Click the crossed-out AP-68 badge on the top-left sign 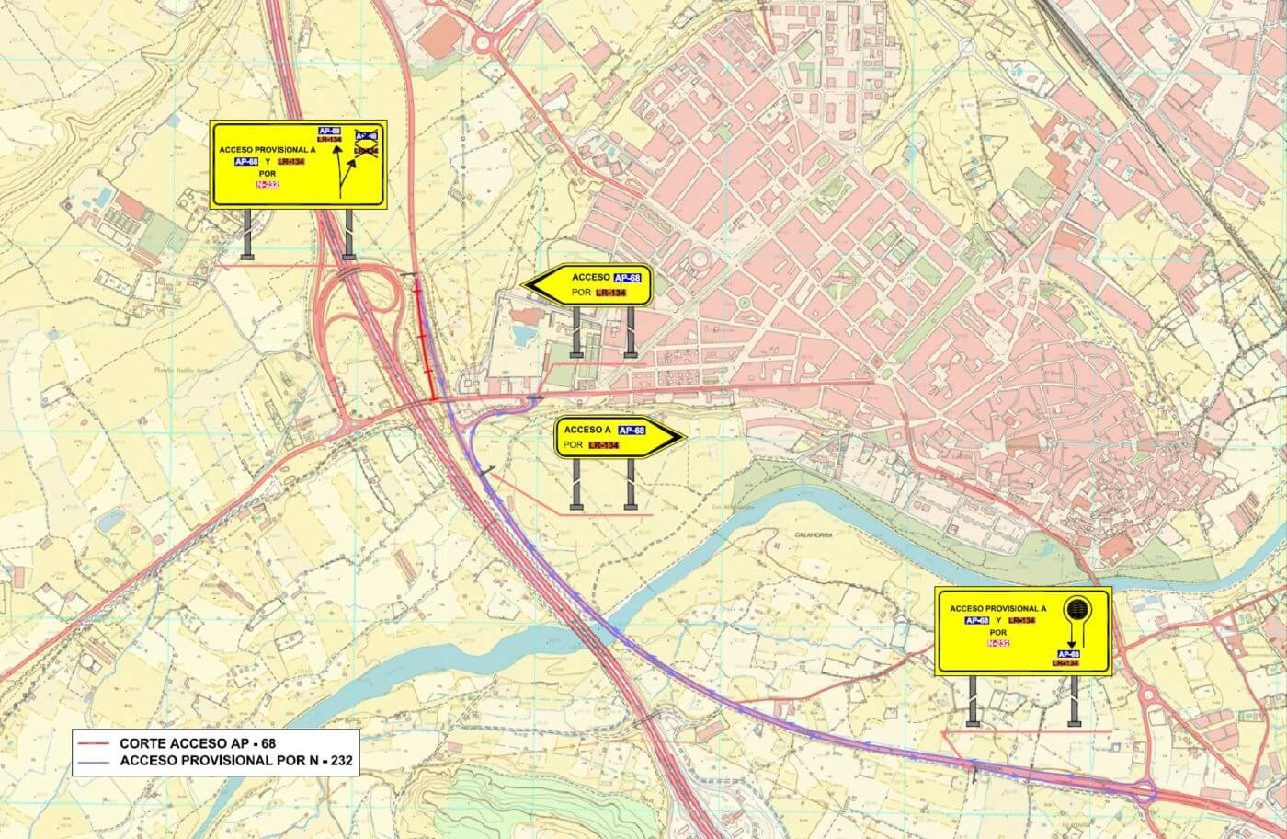(366, 136)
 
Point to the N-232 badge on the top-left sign (267, 183)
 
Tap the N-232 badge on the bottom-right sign (997, 644)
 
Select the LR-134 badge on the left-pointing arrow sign (609, 293)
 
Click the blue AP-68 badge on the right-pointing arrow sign (632, 431)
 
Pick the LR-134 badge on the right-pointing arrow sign (603, 446)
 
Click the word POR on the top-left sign (268, 172)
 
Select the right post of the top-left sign (348, 236)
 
